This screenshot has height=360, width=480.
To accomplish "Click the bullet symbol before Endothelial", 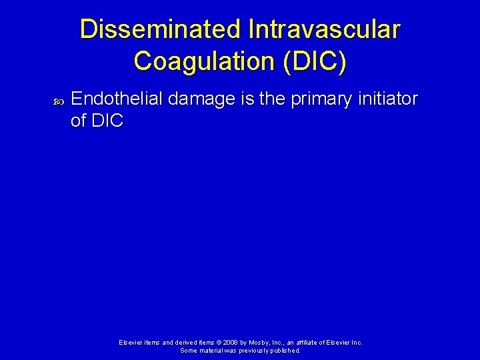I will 57,101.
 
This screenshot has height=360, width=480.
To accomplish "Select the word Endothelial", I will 117,99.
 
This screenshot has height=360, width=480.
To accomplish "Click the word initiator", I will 389,99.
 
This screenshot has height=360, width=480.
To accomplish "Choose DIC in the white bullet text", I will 106,121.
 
